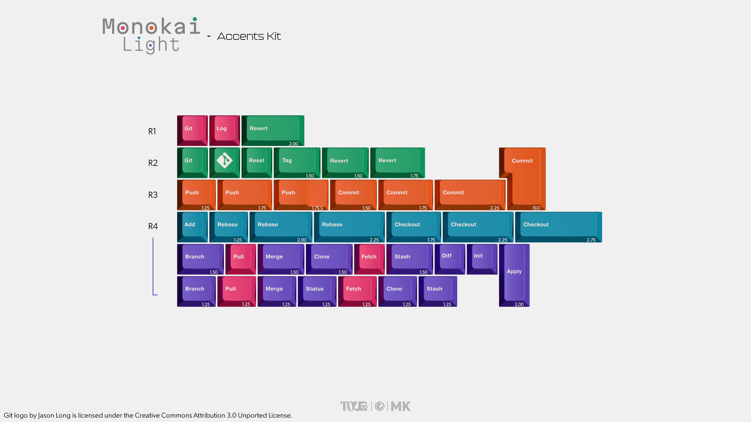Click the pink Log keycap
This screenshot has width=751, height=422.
(224, 130)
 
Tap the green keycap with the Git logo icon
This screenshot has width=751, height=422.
(224, 162)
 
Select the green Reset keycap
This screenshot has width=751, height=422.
(257, 162)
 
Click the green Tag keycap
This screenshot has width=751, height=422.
(297, 162)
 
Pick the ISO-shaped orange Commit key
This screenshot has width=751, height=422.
(525, 179)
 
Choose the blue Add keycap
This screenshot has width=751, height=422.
(192, 226)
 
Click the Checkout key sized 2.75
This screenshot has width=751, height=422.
(558, 226)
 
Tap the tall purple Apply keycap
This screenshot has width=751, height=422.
(514, 275)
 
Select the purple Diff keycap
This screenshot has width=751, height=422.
(449, 258)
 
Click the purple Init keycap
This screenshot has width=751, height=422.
(482, 258)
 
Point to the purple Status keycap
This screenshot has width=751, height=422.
(317, 291)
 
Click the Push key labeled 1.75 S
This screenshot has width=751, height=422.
(301, 194)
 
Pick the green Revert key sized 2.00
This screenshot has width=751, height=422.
(273, 130)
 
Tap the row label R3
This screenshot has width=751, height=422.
(153, 195)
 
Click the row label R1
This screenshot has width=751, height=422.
(152, 131)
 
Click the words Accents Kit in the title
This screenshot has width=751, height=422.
(249, 36)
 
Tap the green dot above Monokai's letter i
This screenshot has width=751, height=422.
(195, 19)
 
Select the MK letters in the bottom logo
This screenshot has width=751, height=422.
(400, 406)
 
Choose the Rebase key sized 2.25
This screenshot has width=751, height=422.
(349, 226)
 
